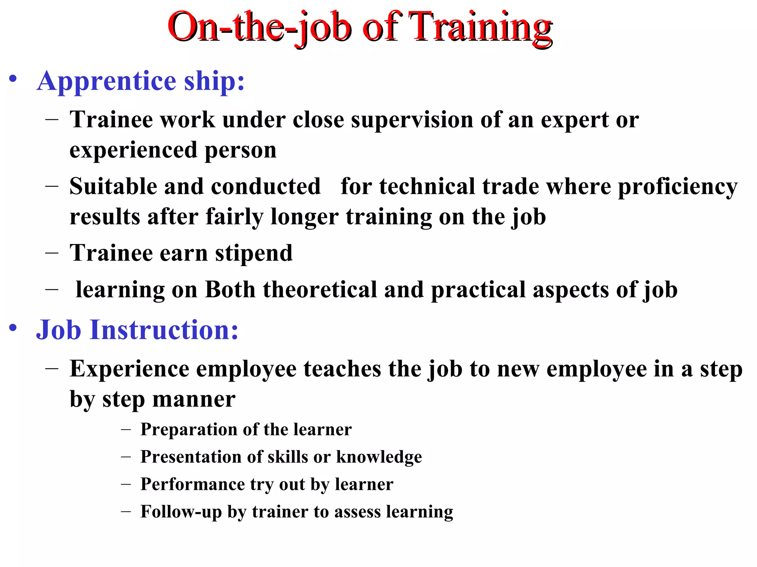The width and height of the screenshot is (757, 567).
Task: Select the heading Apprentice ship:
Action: point(140,81)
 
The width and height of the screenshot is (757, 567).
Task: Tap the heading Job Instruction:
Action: point(137,330)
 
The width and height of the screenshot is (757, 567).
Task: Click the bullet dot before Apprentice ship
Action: point(13,79)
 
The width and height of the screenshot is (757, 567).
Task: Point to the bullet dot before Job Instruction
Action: point(13,328)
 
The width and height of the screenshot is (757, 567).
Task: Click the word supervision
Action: point(412,120)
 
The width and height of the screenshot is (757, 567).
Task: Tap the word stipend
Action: point(254,253)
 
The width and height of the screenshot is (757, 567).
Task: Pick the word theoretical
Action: point(320,290)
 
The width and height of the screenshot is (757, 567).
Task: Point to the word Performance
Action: point(192,484)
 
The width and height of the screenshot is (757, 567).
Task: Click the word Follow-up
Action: point(181,512)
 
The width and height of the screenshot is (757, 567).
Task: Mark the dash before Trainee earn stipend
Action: point(52,253)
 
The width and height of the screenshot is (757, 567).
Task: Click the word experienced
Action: point(133,150)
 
